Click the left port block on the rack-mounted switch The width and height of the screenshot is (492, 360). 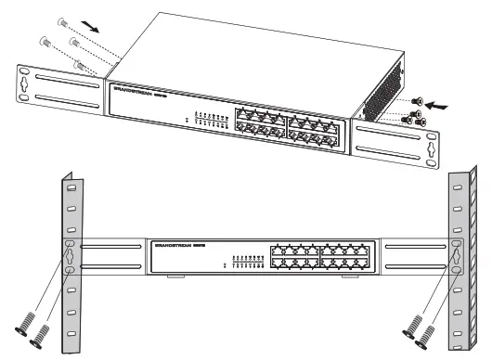[x=292, y=256]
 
